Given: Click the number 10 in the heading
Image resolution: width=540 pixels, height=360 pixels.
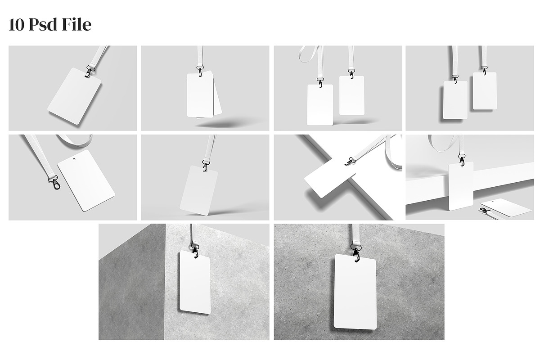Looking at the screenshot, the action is (x=16, y=25).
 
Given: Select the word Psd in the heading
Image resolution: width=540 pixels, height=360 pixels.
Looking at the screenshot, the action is (x=43, y=25).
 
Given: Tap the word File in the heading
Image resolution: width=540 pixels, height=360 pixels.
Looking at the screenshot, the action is (x=76, y=25).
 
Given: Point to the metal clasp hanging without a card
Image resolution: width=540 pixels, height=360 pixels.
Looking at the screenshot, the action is (x=54, y=182).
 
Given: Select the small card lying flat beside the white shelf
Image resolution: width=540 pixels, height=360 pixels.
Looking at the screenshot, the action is (x=507, y=207).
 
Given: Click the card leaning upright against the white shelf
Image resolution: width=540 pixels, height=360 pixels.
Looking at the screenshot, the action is (x=461, y=186).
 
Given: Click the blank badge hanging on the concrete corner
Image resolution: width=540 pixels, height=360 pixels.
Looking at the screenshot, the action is (x=195, y=282).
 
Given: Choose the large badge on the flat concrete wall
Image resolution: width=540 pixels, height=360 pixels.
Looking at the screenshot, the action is (x=355, y=292).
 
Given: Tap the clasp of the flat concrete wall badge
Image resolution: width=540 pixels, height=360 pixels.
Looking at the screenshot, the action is (x=356, y=253).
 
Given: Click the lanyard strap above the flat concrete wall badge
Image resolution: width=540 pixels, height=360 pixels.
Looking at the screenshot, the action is (x=355, y=234).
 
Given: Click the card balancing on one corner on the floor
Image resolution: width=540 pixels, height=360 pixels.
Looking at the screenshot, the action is (x=198, y=190).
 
